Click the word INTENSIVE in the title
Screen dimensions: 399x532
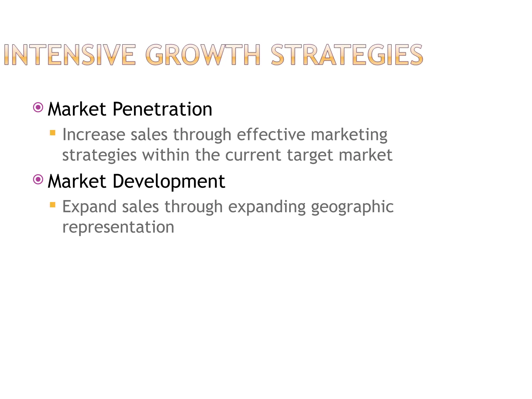[70, 55]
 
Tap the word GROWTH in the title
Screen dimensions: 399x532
[203, 55]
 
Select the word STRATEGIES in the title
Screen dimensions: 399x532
[347, 55]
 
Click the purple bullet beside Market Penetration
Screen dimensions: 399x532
[38, 107]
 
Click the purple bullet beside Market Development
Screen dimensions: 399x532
[38, 179]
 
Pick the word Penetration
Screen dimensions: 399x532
[162, 109]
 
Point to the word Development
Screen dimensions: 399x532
[169, 181]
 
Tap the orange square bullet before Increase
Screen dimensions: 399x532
[53, 133]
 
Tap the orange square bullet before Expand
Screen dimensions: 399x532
[53, 205]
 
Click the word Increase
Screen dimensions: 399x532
[93, 135]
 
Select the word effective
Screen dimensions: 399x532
[271, 135]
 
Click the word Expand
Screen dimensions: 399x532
[89, 207]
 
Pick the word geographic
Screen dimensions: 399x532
[352, 207]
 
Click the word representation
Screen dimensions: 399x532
[118, 227]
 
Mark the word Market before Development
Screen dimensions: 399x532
[77, 181]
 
